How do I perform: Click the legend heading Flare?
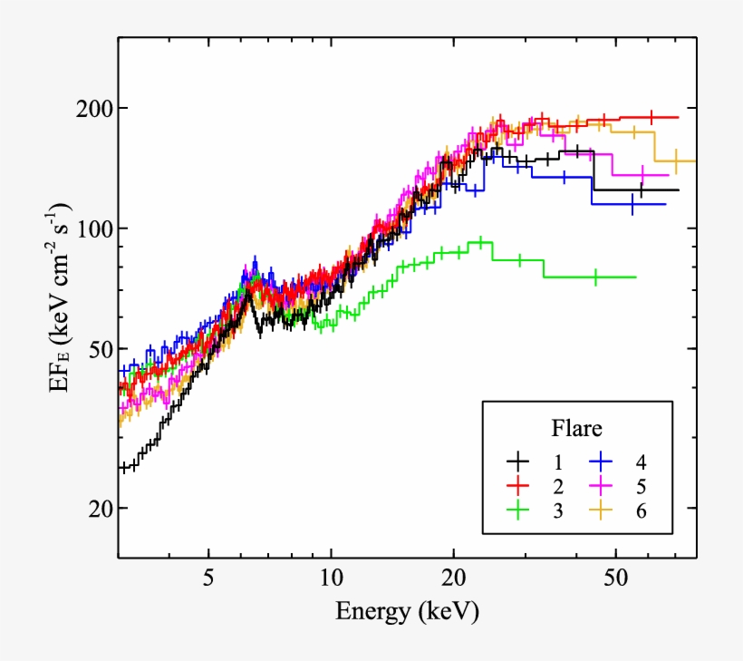(577, 426)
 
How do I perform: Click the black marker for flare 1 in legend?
(519, 461)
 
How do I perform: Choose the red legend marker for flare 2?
(519, 485)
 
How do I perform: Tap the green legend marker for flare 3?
(519, 510)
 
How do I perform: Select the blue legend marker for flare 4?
(600, 461)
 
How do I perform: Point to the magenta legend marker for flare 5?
(600, 485)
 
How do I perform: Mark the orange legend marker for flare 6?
(600, 510)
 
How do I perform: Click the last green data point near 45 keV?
(595, 277)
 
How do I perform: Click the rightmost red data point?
(651, 117)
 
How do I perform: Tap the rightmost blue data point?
(632, 204)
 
